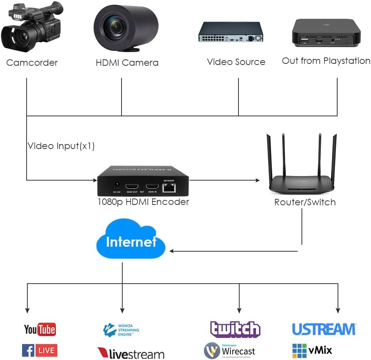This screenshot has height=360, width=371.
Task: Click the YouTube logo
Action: [x=40, y=329]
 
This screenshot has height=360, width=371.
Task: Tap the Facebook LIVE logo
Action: [x=39, y=350]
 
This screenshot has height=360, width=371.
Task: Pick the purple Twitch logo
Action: [x=235, y=329]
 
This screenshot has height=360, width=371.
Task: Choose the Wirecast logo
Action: [x=230, y=350]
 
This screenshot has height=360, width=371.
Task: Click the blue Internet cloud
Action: [x=131, y=243]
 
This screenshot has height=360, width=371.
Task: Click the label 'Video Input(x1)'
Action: [x=61, y=146]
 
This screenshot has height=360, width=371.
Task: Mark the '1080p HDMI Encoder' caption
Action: [x=143, y=202]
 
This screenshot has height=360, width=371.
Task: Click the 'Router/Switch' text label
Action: [x=305, y=202]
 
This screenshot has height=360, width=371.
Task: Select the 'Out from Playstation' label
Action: [x=326, y=61]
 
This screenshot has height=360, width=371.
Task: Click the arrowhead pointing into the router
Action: [x=257, y=180]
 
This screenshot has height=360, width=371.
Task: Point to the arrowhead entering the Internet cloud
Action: [x=172, y=251]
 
